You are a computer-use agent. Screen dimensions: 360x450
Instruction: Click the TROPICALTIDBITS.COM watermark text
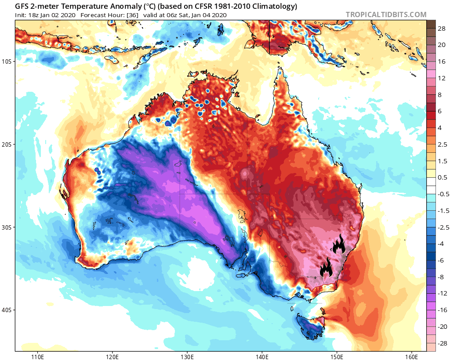point(386,14)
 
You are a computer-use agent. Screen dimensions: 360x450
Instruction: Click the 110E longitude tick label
point(37,356)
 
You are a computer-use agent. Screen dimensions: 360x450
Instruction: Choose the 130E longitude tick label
point(187,356)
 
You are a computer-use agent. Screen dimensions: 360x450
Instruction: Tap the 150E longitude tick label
point(337,356)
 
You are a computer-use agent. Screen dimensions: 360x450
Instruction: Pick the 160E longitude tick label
point(412,356)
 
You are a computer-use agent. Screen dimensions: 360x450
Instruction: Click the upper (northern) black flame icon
point(338,244)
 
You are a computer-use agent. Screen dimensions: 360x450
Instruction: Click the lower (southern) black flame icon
point(326,267)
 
